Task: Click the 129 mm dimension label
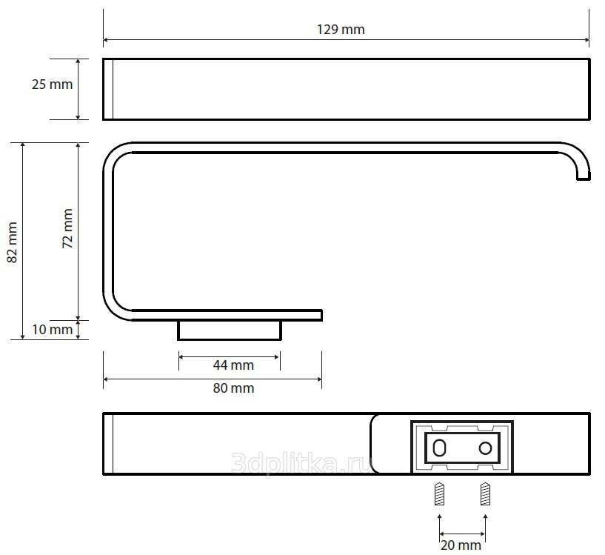tap(341, 30)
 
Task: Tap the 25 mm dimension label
tap(52, 84)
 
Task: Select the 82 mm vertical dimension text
tap(13, 242)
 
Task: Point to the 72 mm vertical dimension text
tap(67, 228)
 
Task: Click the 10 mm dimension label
tap(52, 330)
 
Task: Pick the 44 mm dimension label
tap(233, 365)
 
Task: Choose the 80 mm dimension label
tap(233, 388)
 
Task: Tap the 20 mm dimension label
tap(461, 545)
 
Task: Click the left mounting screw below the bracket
tap(439, 493)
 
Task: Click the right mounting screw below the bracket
tap(485, 493)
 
